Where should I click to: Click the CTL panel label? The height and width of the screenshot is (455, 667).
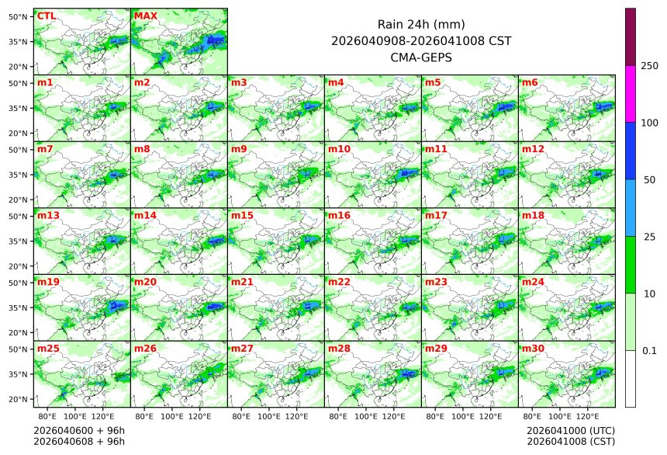(46, 16)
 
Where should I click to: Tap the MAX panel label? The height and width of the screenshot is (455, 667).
(145, 16)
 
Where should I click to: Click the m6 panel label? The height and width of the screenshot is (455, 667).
(530, 82)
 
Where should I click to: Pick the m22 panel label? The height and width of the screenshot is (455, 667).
(339, 282)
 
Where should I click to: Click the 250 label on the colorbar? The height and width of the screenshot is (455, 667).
(649, 66)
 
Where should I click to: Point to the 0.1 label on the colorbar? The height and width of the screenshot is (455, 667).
(649, 350)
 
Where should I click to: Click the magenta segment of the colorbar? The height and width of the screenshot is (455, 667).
(631, 93)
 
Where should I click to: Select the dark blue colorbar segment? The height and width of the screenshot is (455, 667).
(631, 151)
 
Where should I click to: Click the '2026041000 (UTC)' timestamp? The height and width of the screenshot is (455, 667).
(570, 430)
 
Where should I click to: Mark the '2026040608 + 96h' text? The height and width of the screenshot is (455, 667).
(79, 442)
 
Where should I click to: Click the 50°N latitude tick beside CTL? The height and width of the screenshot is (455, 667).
(19, 16)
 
